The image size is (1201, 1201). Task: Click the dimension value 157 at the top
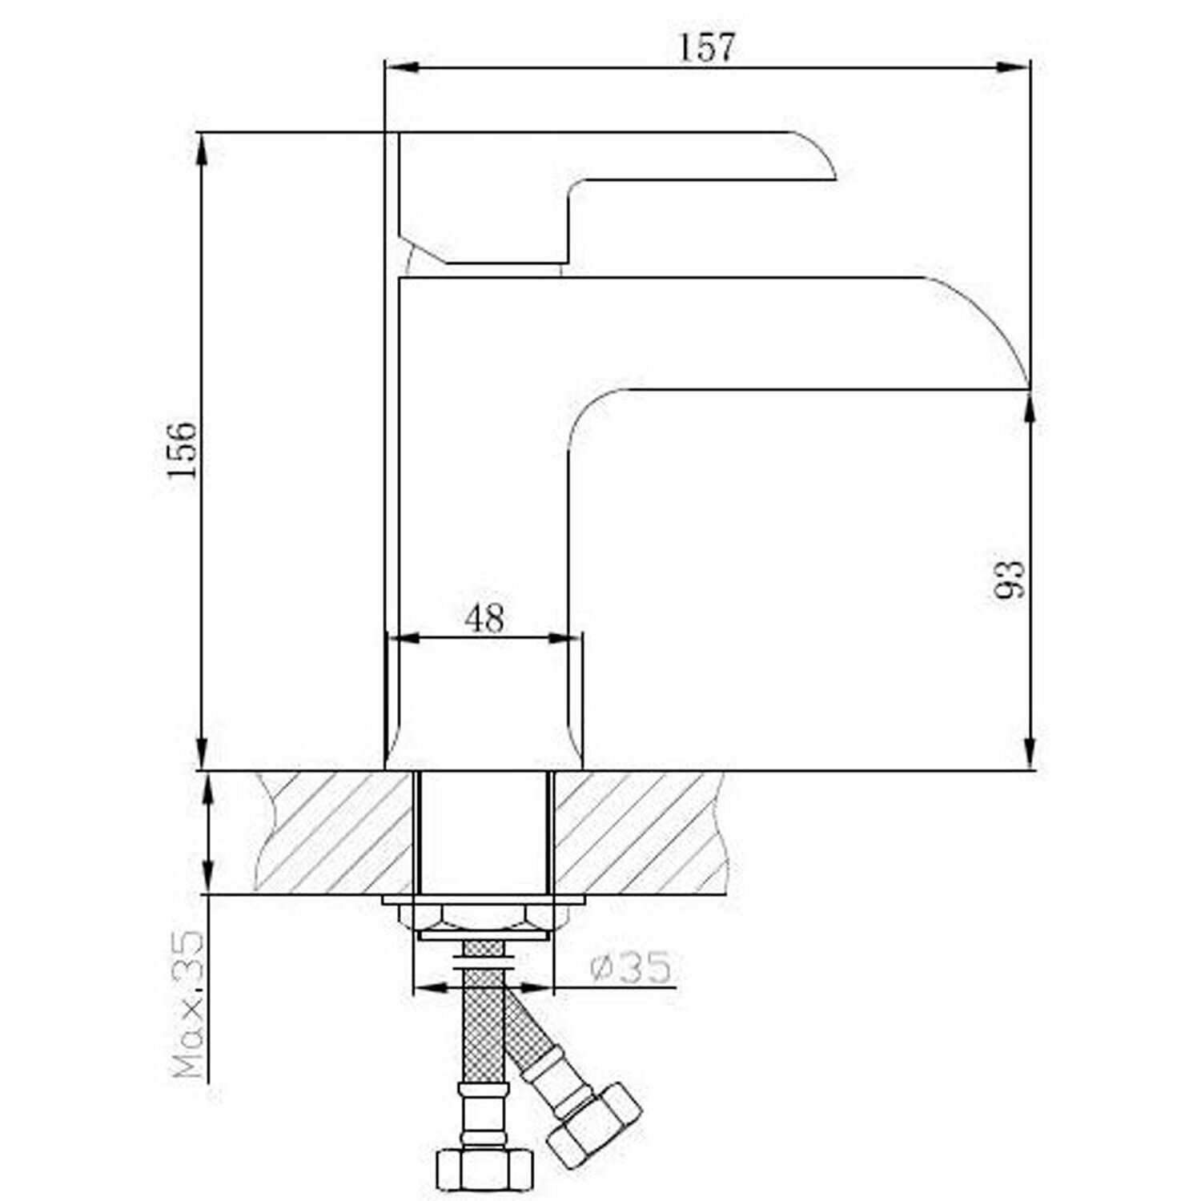[707, 47]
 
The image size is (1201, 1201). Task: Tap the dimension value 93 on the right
[1010, 579]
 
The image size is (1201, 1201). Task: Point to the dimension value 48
[484, 617]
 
